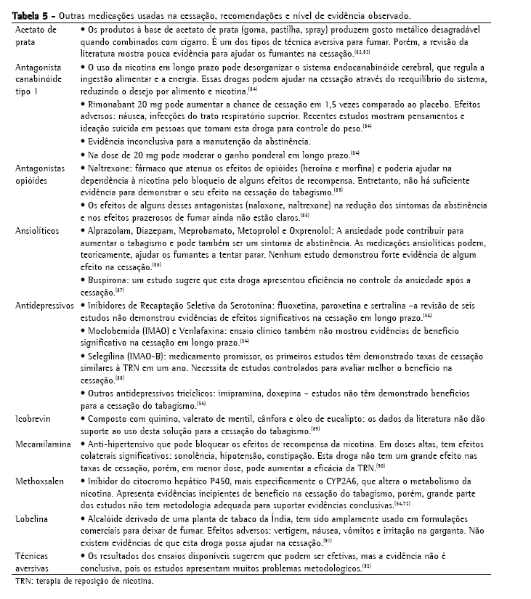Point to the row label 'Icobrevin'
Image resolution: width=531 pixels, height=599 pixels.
[33, 419]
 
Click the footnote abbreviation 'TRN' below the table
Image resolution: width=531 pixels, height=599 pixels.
[23, 582]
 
